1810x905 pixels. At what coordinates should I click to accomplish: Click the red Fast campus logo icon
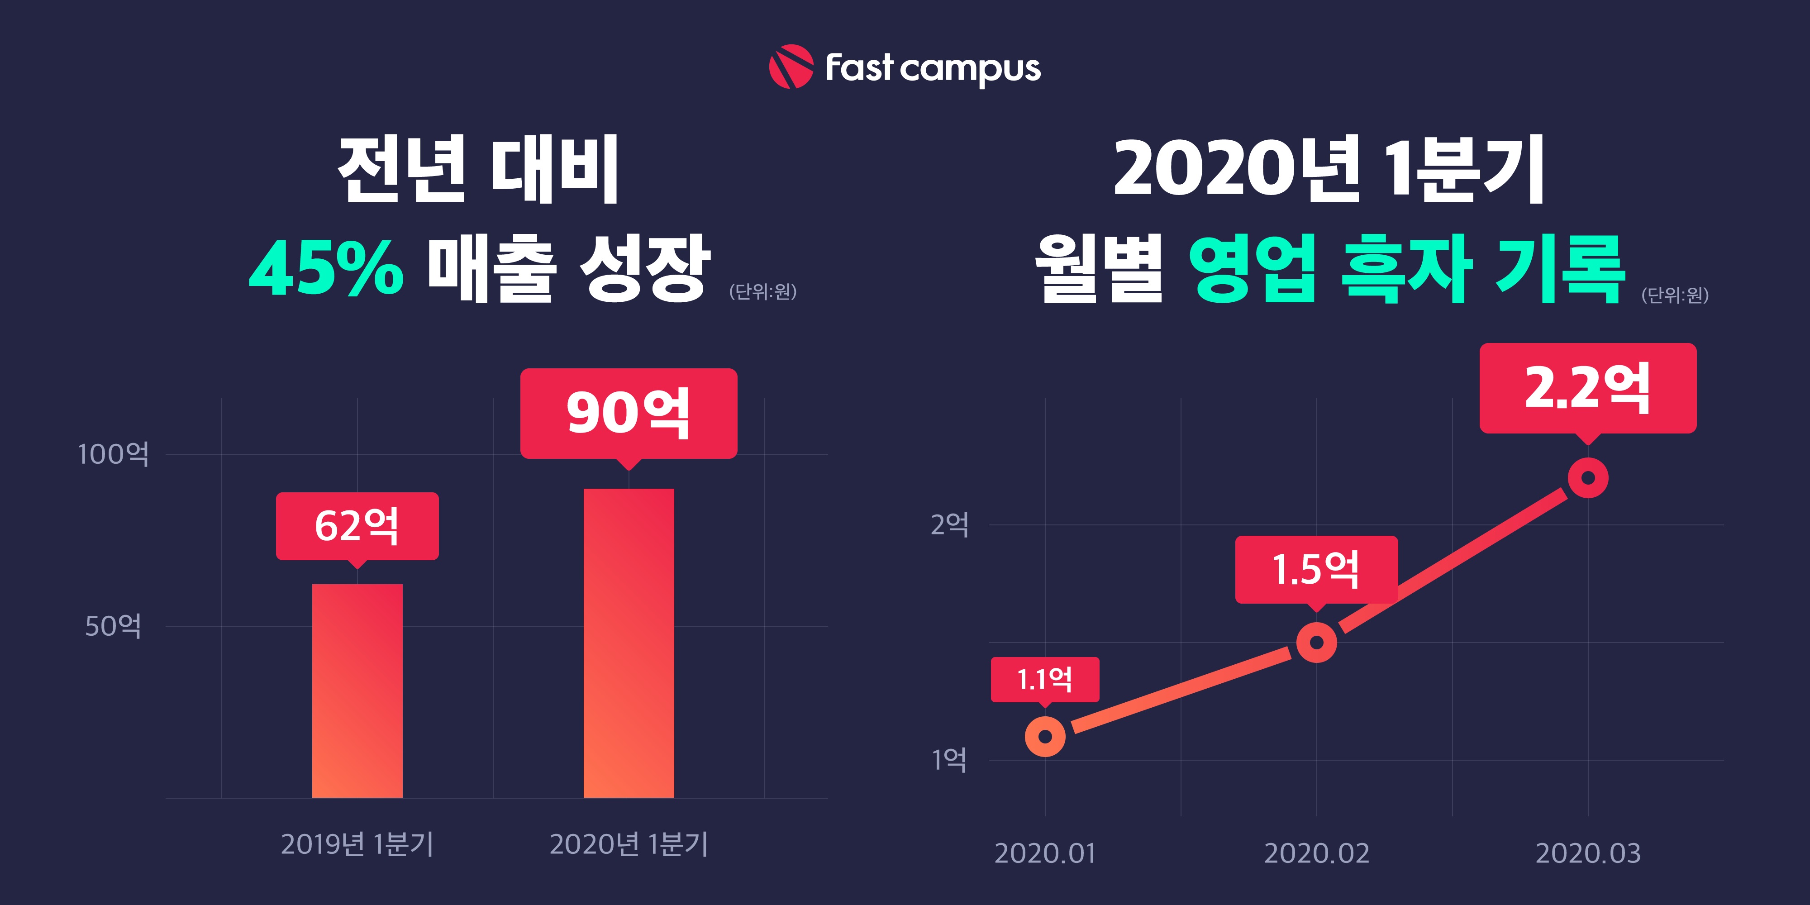[x=791, y=67]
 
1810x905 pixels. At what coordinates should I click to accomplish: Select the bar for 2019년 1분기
[x=357, y=690]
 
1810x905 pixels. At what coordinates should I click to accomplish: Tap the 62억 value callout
[x=357, y=525]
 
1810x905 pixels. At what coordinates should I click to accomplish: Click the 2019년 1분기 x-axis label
[x=357, y=844]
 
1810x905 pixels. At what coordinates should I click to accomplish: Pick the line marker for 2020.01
[x=1045, y=736]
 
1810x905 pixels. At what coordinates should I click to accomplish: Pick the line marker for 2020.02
[x=1316, y=642]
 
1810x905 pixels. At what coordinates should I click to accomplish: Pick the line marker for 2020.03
[x=1588, y=478]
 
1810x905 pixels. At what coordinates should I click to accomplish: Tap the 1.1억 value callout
[x=1045, y=679]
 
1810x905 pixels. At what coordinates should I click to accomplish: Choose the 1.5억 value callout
[x=1316, y=569]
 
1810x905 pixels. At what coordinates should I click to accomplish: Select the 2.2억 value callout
[x=1588, y=388]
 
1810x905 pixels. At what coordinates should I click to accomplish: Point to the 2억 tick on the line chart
[x=949, y=524]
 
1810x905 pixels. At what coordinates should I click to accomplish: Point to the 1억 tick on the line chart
[x=949, y=760]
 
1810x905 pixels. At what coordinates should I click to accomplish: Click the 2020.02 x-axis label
[x=1316, y=853]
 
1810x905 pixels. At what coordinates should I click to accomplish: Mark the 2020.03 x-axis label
[x=1588, y=853]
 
